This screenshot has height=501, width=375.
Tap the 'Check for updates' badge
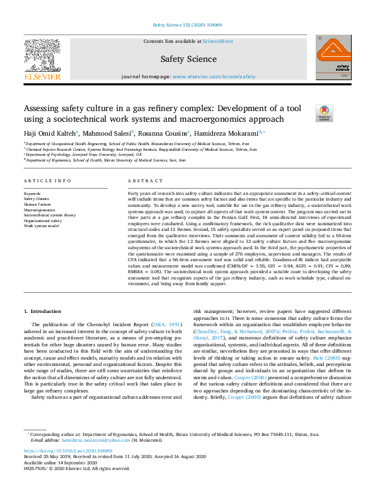[324, 114]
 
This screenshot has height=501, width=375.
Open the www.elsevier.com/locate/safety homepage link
[214, 76]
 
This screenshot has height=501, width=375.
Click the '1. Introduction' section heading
[43, 312]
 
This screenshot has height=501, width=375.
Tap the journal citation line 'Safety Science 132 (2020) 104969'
[188, 25]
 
